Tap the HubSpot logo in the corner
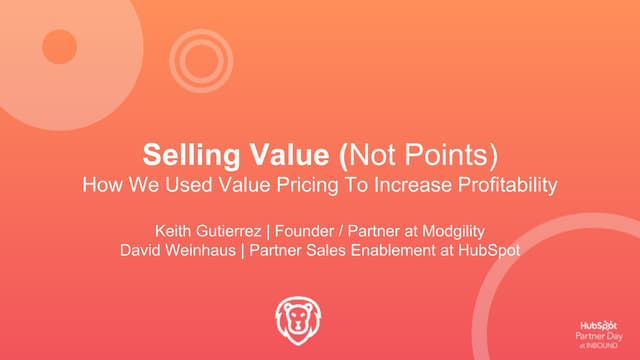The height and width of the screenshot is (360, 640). tap(599, 325)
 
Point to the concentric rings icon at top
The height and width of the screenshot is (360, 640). tap(199, 54)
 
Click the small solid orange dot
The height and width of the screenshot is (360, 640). tap(60, 46)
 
